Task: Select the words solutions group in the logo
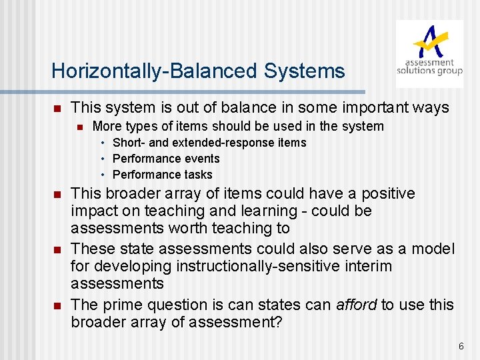coord(429,71)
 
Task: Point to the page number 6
coord(461,346)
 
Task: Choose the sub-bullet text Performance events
coord(166,159)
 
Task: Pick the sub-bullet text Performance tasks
coord(163,175)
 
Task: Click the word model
coord(433,249)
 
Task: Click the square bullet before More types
coord(79,127)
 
